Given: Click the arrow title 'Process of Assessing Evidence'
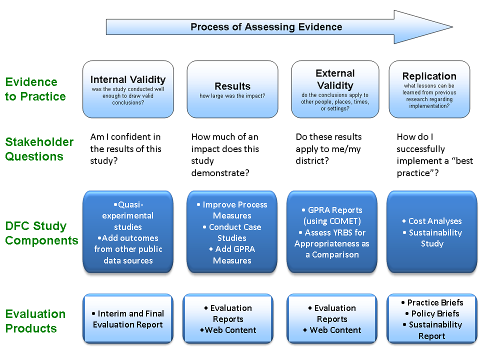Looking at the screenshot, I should (x=266, y=27).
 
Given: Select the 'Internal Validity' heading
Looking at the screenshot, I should (x=128, y=79).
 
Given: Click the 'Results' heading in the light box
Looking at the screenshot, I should (x=232, y=86).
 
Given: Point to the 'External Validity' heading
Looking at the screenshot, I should (x=335, y=79).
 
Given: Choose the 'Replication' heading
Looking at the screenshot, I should (x=429, y=76).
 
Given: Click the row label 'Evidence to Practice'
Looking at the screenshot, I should (x=35, y=89).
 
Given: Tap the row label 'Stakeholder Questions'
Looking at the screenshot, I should (x=39, y=149).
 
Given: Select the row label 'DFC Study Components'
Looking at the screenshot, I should (x=41, y=233).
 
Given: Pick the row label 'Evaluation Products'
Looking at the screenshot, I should (x=35, y=321).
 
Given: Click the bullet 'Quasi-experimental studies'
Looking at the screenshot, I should (x=128, y=215).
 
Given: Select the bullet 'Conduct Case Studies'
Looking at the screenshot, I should (x=232, y=232).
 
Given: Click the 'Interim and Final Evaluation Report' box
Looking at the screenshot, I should (x=128, y=319).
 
